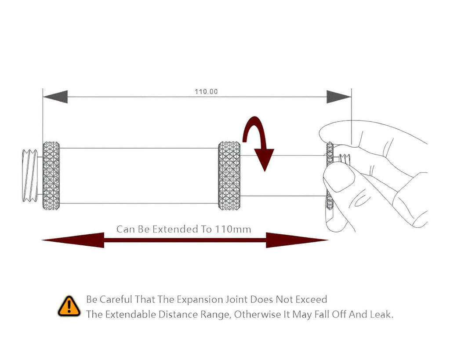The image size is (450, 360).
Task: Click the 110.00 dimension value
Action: [x=206, y=92]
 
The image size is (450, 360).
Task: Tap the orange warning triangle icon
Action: [x=69, y=307]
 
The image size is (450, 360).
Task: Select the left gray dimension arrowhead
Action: [x=56, y=97]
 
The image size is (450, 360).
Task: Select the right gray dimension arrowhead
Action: [x=338, y=97]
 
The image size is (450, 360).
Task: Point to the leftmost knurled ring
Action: [x=51, y=175]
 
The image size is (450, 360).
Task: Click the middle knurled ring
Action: [x=229, y=175]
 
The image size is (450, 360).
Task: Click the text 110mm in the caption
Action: [x=233, y=229]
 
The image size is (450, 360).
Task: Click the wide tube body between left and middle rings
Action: [x=139, y=175]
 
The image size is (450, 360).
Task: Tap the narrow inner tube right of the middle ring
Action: [x=281, y=175]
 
